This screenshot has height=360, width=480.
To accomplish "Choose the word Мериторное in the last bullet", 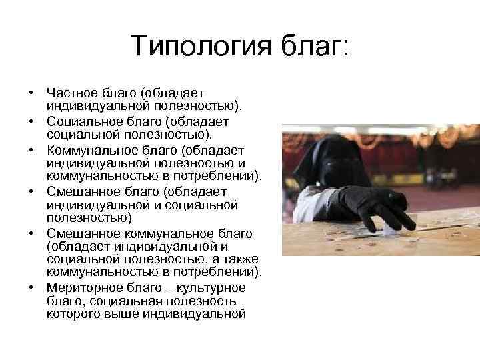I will pos(81,287).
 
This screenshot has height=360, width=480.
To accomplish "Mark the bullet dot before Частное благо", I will pos(31,93).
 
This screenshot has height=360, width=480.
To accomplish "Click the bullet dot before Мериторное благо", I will pos(31,288).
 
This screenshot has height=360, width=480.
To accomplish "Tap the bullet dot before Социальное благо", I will pos(31,122).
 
